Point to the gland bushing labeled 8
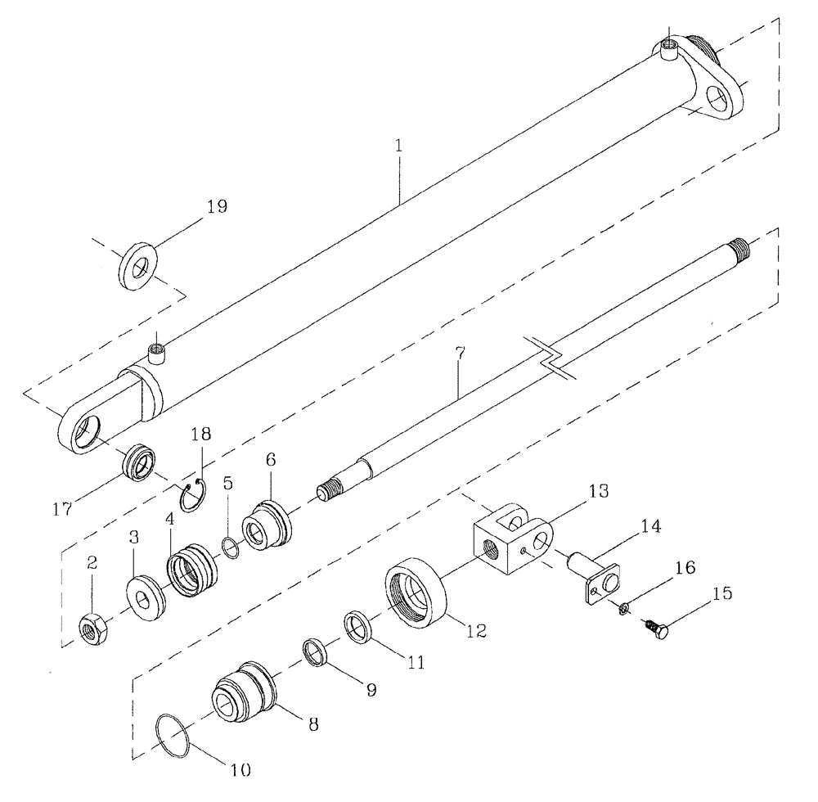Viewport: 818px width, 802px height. [244, 692]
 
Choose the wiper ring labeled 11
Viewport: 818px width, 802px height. [359, 627]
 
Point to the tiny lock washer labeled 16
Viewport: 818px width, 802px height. [623, 607]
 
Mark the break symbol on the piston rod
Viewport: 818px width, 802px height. [553, 358]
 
